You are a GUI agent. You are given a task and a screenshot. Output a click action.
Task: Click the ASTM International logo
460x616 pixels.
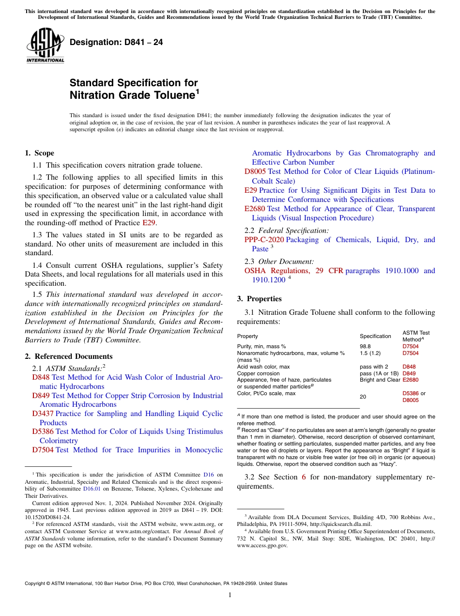click(x=45, y=46)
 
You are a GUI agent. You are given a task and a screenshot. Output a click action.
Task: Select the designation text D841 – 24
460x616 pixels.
click(x=116, y=42)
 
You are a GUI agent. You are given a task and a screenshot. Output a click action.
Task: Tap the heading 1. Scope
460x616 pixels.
click(x=40, y=153)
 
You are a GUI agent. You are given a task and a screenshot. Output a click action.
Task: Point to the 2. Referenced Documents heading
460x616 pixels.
click(x=68, y=356)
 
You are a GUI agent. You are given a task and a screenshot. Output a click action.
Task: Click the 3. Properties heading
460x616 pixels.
click(x=259, y=299)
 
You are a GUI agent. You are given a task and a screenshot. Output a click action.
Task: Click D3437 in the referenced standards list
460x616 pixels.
click(x=43, y=414)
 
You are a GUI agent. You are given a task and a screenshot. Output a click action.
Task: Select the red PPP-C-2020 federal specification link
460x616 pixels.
click(x=264, y=240)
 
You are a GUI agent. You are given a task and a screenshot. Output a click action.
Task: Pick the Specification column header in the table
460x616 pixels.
click(x=375, y=336)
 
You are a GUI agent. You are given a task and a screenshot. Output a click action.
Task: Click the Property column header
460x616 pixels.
click(x=247, y=336)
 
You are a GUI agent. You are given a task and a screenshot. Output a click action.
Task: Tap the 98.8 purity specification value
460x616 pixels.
click(x=365, y=347)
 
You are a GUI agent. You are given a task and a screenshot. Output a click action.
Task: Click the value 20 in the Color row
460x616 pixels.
click(x=363, y=397)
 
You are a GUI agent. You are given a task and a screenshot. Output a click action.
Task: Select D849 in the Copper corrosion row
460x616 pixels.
click(x=409, y=373)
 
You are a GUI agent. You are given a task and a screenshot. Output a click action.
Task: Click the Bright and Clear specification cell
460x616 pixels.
click(x=380, y=380)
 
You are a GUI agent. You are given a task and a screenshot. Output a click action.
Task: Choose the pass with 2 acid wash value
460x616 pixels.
click(x=374, y=367)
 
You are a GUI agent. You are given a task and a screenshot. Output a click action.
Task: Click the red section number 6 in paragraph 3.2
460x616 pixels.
click(x=304, y=477)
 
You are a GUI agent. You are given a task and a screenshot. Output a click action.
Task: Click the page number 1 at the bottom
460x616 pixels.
click(x=230, y=595)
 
